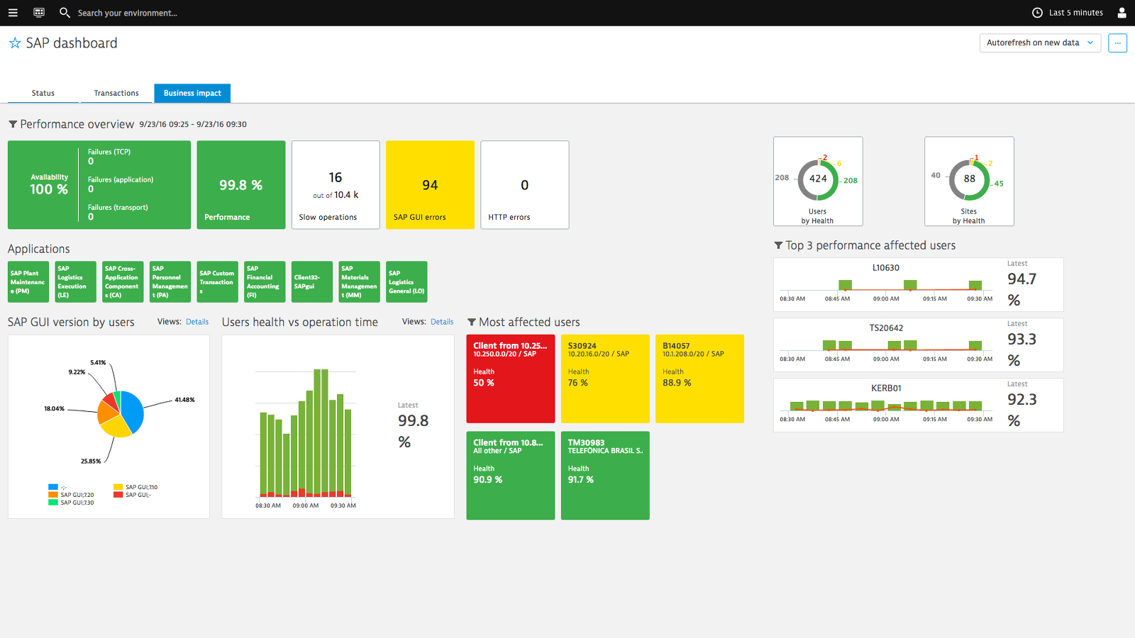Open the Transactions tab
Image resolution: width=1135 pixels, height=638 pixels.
point(116,93)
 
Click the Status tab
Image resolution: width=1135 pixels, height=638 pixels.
point(43,93)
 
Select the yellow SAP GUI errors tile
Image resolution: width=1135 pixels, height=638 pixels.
point(430,185)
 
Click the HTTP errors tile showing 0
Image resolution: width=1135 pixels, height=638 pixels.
point(524,185)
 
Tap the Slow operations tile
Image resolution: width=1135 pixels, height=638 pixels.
point(336,185)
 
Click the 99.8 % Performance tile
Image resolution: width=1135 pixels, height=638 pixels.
point(240,185)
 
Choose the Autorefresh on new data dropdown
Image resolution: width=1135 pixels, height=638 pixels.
point(1039,43)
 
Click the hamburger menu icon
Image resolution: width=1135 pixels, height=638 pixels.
point(13,13)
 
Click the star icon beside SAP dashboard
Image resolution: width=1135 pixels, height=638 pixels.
point(15,43)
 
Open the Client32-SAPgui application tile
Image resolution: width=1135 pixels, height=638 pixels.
point(311,282)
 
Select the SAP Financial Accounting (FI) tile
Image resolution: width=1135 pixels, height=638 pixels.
point(264,282)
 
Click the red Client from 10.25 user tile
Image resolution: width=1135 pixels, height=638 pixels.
point(510,379)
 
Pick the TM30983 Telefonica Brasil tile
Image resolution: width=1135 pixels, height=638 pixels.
point(604,476)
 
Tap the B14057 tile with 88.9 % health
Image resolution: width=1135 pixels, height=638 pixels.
point(699,379)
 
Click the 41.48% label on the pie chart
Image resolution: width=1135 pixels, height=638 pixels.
point(184,400)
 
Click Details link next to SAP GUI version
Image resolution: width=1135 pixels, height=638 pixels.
point(197,322)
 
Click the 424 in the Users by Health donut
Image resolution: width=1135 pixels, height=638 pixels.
point(818,179)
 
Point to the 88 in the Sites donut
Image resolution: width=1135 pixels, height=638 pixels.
point(969,179)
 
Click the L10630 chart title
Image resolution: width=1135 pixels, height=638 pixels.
point(885,268)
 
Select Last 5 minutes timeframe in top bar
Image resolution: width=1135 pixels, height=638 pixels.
point(1068,13)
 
